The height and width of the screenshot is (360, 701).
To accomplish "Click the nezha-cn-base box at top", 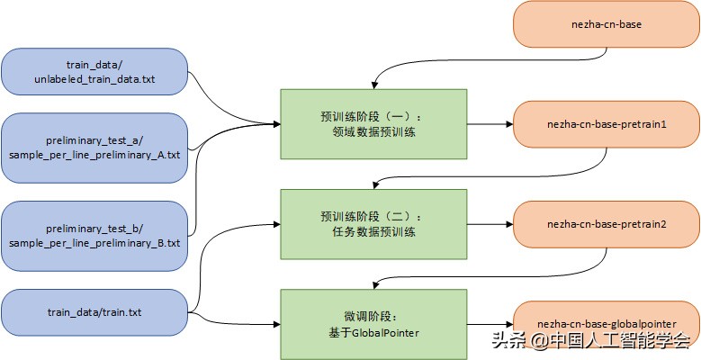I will (x=606, y=25).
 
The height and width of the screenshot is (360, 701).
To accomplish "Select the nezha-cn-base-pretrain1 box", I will (x=606, y=123).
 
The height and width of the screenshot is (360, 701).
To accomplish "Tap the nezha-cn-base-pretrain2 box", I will (x=606, y=224).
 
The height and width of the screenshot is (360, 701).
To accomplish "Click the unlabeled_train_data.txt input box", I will (x=94, y=72).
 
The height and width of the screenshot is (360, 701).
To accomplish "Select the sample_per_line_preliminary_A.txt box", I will (x=94, y=148).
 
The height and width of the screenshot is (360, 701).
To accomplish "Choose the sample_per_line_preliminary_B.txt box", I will (x=94, y=236).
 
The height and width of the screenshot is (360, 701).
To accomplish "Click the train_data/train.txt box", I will (x=94, y=312).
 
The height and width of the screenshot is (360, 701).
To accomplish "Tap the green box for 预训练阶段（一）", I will (x=373, y=123).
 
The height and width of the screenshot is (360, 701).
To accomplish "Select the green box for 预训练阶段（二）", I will (x=373, y=224).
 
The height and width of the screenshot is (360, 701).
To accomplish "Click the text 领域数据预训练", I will (x=373, y=132).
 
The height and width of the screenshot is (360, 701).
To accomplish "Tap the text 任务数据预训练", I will (x=373, y=233).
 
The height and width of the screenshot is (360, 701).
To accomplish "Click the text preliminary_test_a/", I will (x=94, y=140).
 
